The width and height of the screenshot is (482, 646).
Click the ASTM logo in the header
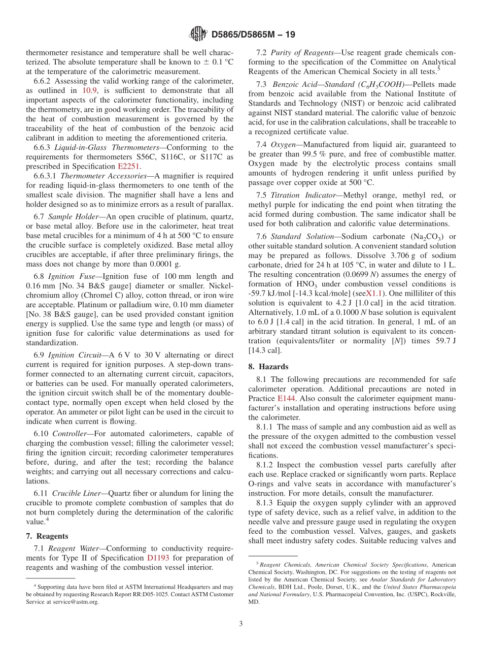coord(198,35)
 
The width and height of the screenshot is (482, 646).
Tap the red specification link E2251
coord(129,166)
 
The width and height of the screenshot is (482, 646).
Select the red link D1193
coord(158,558)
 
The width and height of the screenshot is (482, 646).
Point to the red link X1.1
coord(375,294)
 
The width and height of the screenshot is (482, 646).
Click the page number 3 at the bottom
coord(241,624)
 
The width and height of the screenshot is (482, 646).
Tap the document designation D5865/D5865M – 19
coord(253,35)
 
